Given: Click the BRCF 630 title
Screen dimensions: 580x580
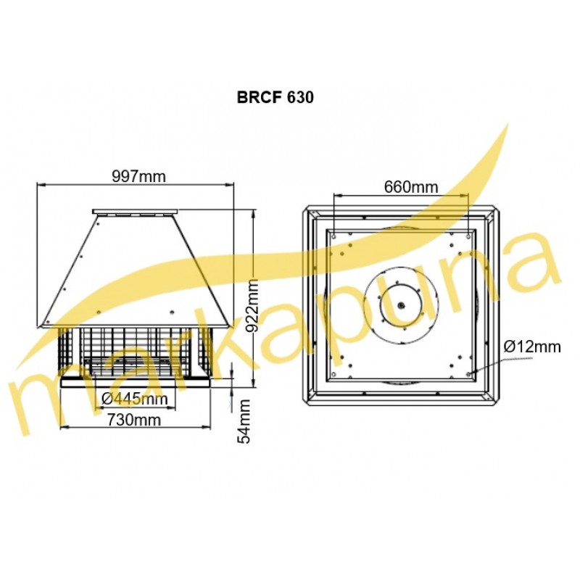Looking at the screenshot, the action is (275, 97).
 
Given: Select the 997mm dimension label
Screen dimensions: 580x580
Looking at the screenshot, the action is (138, 176).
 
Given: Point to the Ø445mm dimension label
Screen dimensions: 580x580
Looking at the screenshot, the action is (134, 399).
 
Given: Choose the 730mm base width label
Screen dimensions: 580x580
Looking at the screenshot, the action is (134, 420).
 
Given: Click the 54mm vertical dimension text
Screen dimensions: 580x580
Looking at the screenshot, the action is (244, 421).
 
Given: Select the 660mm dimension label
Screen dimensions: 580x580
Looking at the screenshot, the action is (410, 187).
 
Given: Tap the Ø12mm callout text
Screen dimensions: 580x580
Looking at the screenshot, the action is (532, 347).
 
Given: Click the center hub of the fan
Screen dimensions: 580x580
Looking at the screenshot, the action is (401, 305).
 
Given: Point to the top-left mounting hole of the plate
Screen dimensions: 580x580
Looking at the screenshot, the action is (334, 236).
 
